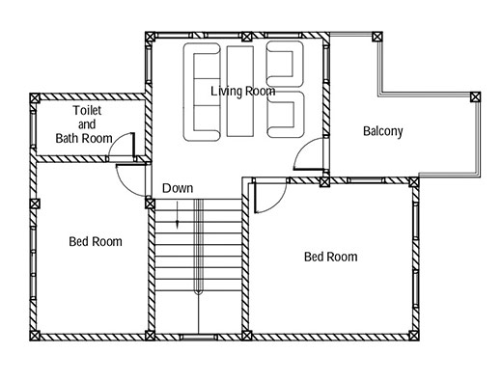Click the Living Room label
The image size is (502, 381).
point(243,92)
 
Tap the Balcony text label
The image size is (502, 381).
point(383,131)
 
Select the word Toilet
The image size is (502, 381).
point(87,110)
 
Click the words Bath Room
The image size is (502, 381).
point(84,138)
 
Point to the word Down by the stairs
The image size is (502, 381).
point(178,188)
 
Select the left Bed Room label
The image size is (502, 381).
point(96,241)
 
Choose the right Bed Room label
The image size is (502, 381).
point(331,257)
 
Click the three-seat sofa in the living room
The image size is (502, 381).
point(188,92)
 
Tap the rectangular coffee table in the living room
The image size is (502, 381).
point(240,92)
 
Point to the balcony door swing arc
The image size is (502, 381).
point(299,150)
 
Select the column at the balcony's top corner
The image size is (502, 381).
point(377,37)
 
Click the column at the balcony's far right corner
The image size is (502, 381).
point(475,97)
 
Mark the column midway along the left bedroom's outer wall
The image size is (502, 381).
point(35,204)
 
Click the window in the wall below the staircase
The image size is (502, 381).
point(199,338)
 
